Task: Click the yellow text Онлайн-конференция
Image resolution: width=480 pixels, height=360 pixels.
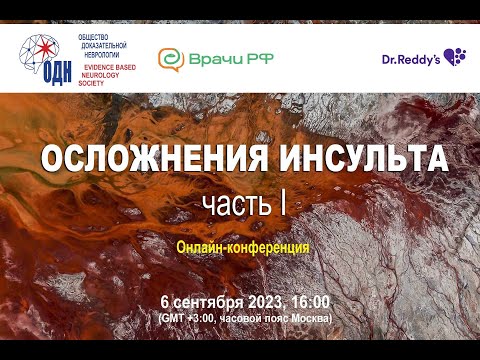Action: point(240,244)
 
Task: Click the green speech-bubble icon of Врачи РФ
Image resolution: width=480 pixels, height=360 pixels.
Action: point(171,59)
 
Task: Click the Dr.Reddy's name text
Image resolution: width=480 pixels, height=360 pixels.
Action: point(410,60)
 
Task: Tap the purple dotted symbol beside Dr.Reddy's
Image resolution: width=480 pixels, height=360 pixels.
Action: point(455,57)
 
